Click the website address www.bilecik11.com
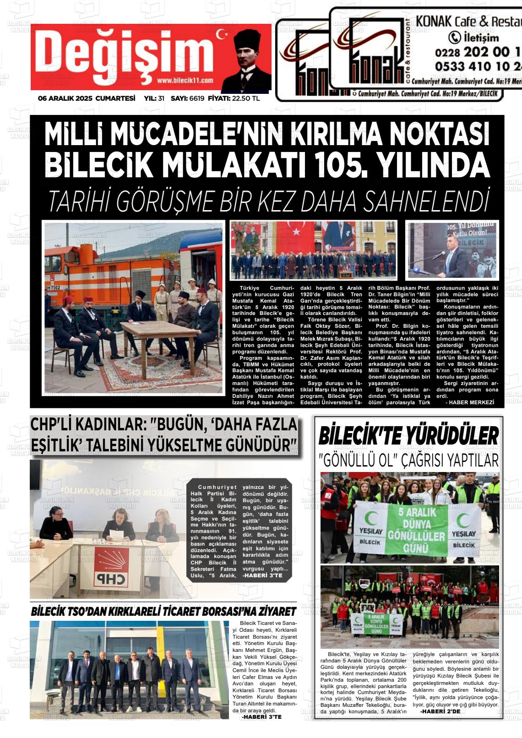point(185,81)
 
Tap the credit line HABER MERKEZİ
point(471,402)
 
